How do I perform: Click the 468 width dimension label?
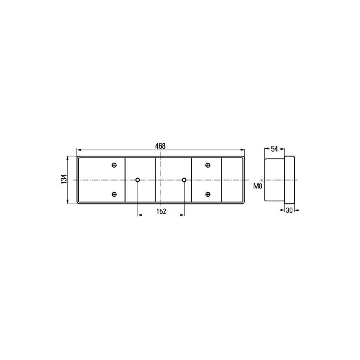160,146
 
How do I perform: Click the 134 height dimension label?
64,179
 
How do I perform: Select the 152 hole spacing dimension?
161,211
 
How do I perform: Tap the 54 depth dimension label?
274,149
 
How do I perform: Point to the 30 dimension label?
289,210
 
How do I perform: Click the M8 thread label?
258,186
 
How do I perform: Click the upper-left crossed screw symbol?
114,165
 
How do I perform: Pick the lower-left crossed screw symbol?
114,194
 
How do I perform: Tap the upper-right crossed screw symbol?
208,165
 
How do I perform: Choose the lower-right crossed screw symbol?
208,194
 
